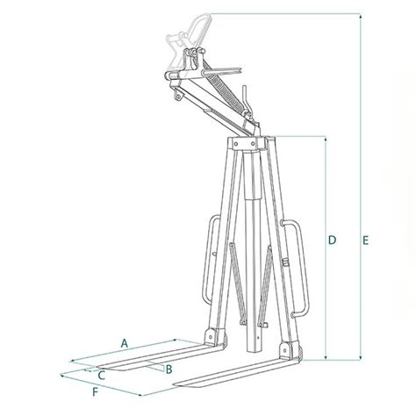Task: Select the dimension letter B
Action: tap(168, 369)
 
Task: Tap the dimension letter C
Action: tap(101, 375)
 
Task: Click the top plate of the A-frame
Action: tap(250, 140)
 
